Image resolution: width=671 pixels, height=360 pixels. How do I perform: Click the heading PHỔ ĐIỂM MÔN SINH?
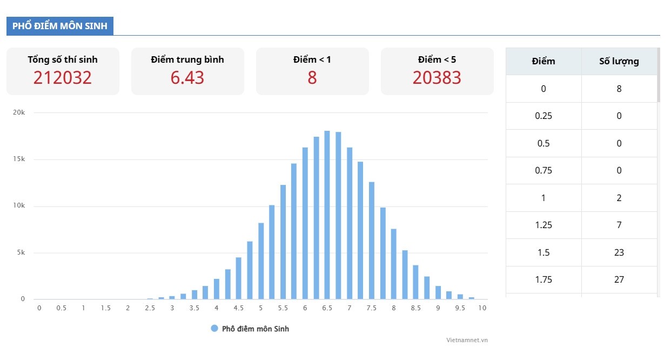[60, 26]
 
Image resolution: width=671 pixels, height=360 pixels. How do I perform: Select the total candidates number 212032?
[63, 78]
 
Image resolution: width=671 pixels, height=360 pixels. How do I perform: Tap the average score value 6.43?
[187, 78]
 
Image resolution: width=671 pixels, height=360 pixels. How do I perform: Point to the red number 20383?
[437, 78]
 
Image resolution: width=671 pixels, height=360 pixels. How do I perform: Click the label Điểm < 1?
[312, 59]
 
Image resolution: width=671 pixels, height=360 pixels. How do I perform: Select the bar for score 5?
[261, 261]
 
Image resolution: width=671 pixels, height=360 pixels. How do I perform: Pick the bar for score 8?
[394, 264]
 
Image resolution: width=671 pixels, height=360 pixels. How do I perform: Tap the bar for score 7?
[350, 223]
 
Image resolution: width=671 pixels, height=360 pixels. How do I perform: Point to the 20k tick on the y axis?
[19, 112]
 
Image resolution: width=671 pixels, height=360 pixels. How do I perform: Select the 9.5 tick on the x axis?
[460, 308]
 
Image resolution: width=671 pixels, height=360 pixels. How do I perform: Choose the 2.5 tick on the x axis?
[150, 308]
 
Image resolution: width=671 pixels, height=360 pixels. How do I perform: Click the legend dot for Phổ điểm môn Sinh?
[214, 329]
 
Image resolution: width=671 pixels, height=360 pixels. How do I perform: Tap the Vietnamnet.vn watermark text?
[467, 340]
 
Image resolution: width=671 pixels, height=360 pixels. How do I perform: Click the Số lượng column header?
[619, 61]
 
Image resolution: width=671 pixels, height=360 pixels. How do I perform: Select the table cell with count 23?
[619, 252]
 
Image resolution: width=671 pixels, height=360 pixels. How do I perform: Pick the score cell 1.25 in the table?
[543, 225]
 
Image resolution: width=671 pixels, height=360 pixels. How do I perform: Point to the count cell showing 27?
[619, 279]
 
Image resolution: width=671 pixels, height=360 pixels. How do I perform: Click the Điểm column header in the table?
[543, 61]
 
